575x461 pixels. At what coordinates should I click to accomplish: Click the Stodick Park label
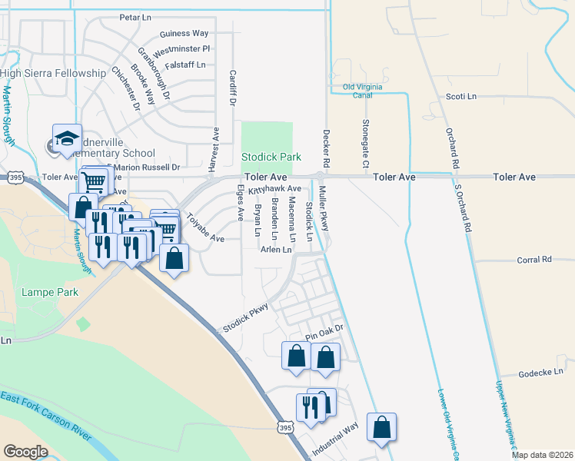click(x=271, y=157)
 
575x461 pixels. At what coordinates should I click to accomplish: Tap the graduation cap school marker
click(x=67, y=138)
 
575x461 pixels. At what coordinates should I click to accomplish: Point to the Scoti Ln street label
click(x=461, y=97)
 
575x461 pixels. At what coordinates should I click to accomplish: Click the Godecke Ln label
click(x=542, y=373)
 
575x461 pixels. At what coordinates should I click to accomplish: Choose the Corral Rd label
click(x=535, y=260)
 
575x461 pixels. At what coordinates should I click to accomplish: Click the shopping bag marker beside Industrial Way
click(x=381, y=428)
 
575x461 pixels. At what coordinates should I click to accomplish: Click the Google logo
click(x=25, y=451)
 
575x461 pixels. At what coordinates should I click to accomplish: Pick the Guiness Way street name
click(x=184, y=34)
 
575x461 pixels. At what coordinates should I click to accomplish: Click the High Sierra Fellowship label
click(x=53, y=73)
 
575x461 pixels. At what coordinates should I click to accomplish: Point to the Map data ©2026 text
click(x=542, y=455)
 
